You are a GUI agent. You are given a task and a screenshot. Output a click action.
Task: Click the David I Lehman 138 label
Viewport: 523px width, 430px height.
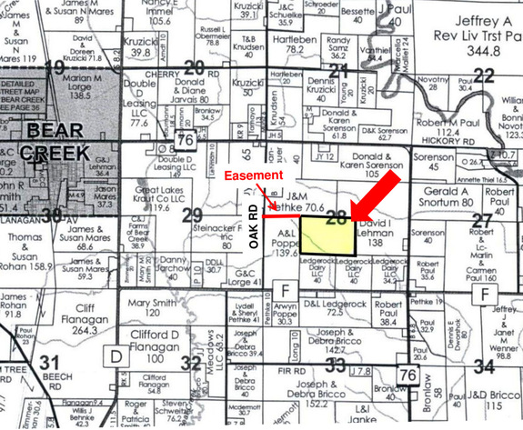click(377, 226)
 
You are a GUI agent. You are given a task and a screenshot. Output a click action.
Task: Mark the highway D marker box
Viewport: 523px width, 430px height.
click(116, 352)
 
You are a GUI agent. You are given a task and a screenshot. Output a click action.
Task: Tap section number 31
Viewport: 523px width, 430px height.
click(51, 363)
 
